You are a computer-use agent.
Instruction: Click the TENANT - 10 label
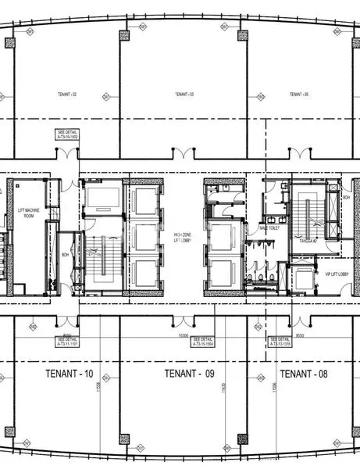pyautogui.click(x=66, y=374)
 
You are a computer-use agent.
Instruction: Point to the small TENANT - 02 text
pyautogui.click(x=67, y=94)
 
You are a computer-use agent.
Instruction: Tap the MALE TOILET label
pyautogui.click(x=269, y=228)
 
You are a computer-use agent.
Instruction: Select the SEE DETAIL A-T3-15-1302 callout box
pyautogui.click(x=66, y=134)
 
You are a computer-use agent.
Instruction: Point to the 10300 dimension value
pyautogui.click(x=184, y=334)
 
